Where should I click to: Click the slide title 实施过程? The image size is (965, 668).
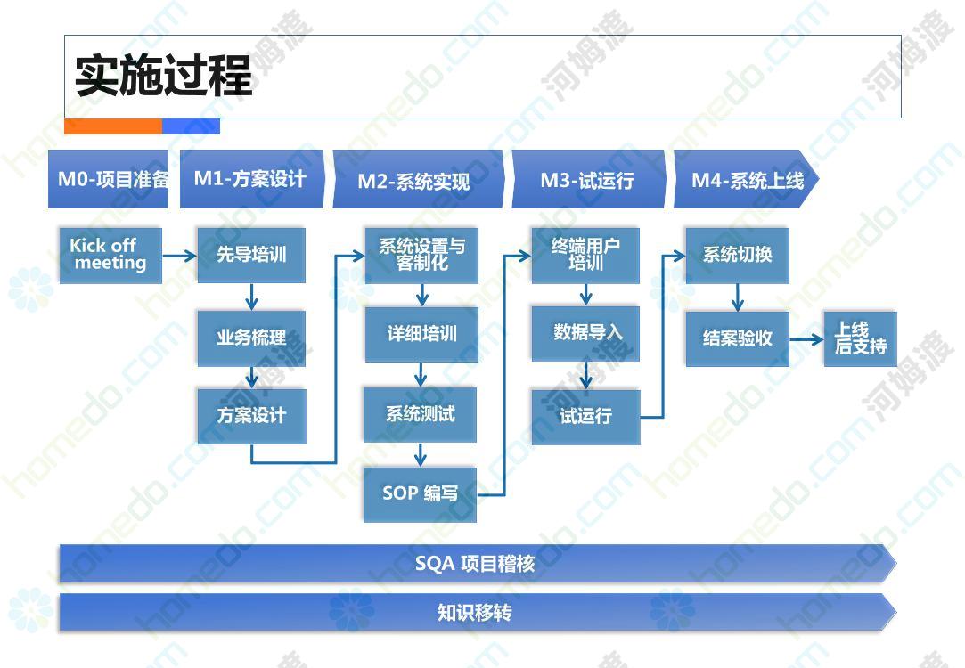[164, 75]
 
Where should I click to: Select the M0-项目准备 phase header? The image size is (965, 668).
[108, 179]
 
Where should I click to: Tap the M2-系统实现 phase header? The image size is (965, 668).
[418, 180]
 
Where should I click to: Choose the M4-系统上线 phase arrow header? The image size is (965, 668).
[747, 180]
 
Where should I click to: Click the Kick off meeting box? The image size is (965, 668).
[110, 256]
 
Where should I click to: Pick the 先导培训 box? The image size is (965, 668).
[251, 256]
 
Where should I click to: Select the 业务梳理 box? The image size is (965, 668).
[251, 338]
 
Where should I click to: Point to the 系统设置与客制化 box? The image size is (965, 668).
[421, 256]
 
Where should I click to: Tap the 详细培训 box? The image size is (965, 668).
[421, 335]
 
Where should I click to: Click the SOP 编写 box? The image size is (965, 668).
[420, 494]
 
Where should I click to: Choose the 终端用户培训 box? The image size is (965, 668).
[585, 256]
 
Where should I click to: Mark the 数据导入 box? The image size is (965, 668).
[585, 333]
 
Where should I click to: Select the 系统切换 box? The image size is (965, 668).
[737, 256]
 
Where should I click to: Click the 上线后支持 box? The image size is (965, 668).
[861, 339]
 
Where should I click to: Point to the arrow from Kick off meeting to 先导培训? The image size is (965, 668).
[180, 256]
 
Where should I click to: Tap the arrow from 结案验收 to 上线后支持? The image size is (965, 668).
[806, 339]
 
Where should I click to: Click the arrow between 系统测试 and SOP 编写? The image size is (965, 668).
[421, 455]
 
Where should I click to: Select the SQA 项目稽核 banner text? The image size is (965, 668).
[475, 564]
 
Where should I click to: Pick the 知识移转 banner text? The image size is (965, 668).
[475, 613]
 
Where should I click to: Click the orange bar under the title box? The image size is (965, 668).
[113, 126]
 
